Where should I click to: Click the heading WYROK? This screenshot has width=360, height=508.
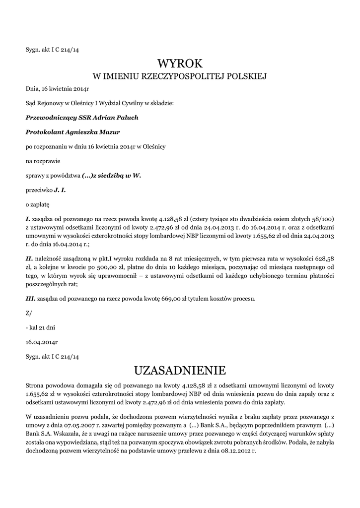pos(180,63)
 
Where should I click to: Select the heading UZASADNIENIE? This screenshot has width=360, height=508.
pos(180,371)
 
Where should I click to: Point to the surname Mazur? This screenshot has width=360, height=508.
pos(110,132)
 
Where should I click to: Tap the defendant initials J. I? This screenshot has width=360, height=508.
pos(60,190)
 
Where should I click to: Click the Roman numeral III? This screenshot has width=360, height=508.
pos(30,299)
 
